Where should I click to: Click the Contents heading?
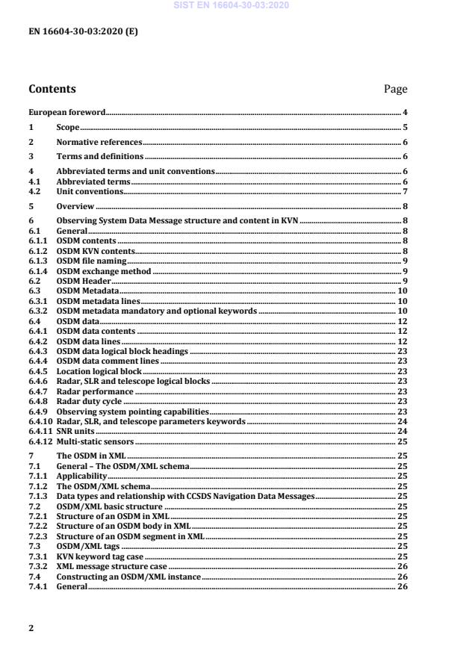[52, 89]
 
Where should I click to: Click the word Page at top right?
[395, 89]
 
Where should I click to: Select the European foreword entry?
[66, 112]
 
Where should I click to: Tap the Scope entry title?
[68, 128]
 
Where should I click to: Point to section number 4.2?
[35, 191]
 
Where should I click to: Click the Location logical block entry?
[99, 371]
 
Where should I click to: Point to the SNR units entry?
[75, 431]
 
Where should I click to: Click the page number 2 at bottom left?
[31, 628]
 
